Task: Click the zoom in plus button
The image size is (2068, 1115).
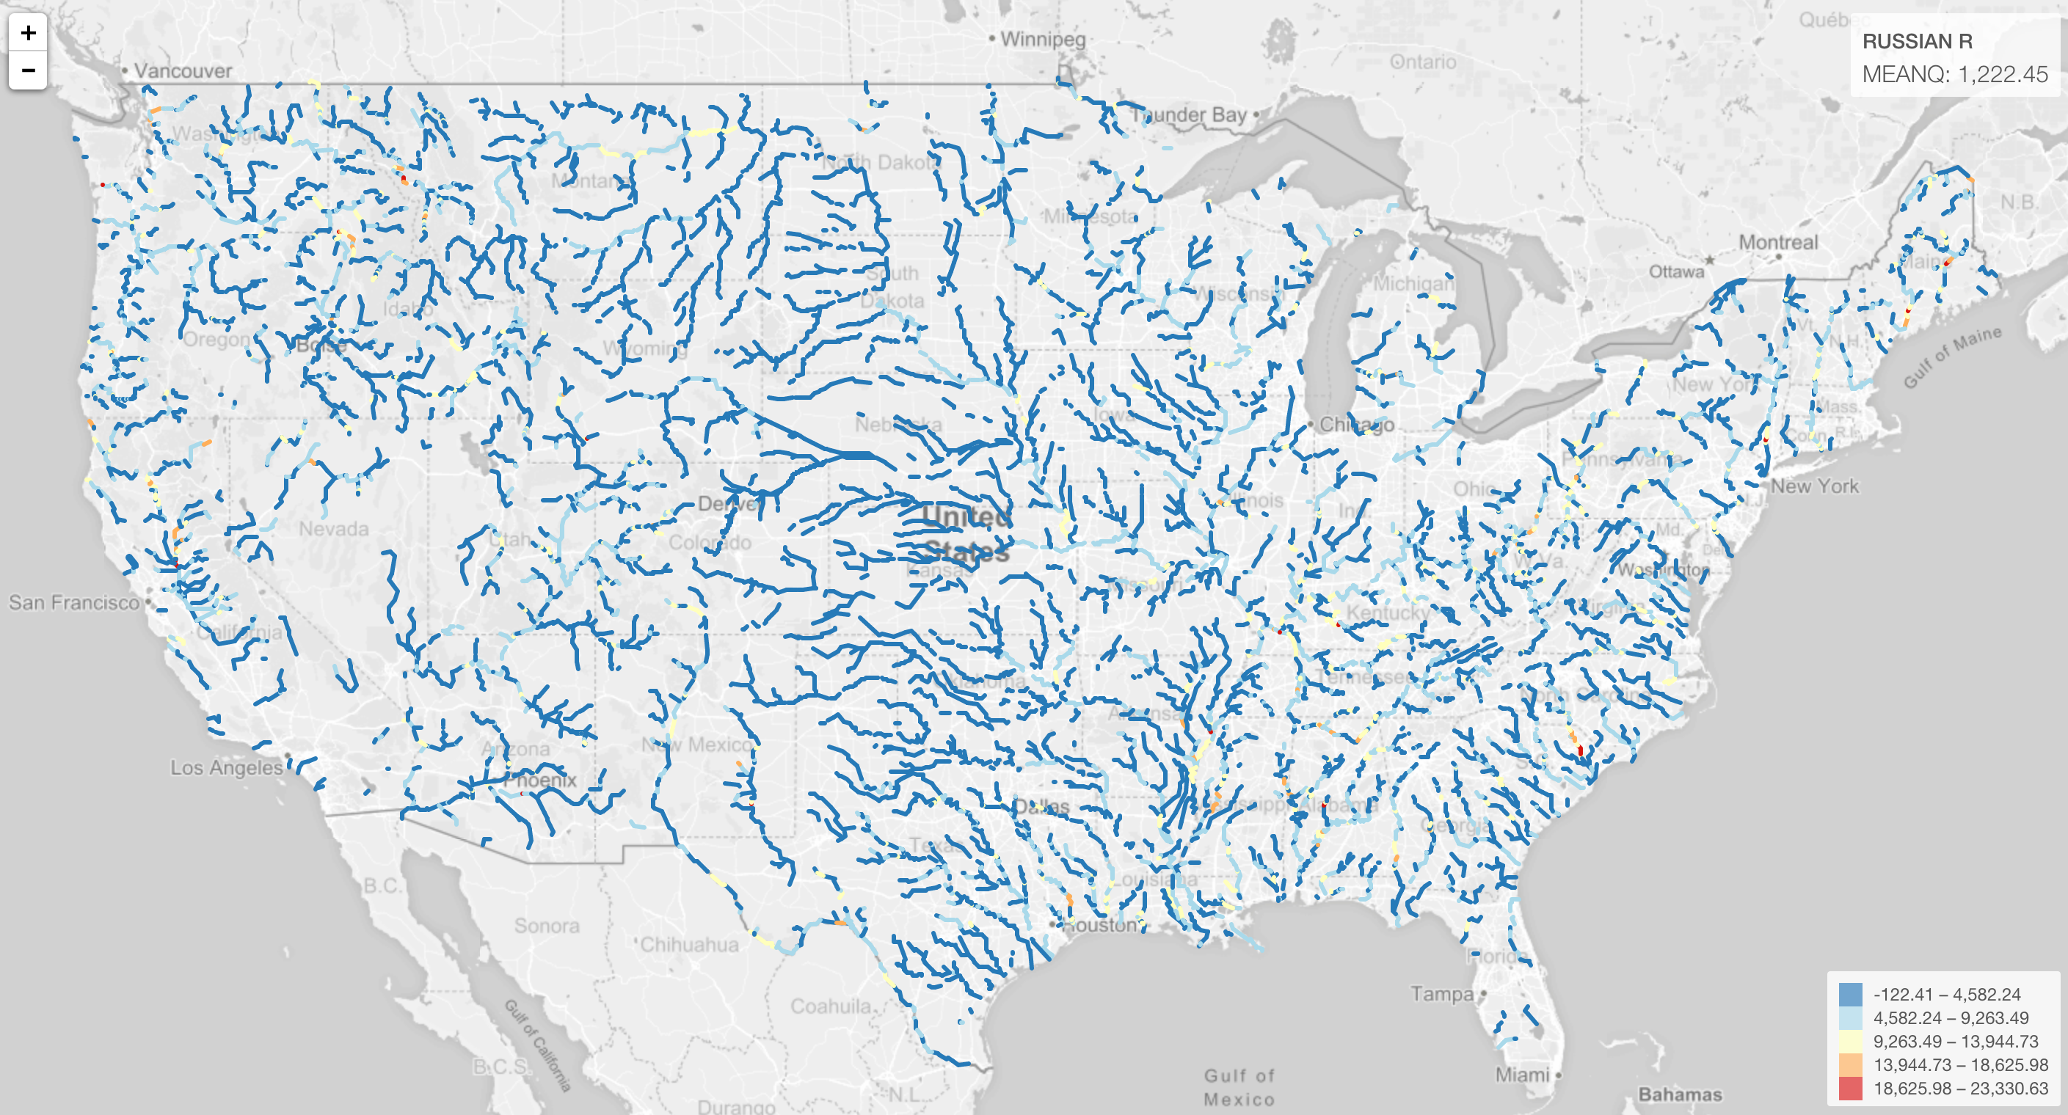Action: (28, 33)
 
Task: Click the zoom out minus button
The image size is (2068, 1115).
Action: (28, 70)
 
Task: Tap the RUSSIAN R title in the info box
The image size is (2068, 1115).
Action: (1916, 41)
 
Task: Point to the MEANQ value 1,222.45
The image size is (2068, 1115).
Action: (2002, 75)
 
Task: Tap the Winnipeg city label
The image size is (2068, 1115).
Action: (1042, 40)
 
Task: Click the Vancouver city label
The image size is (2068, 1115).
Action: (182, 70)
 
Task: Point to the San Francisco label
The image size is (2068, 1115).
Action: (74, 602)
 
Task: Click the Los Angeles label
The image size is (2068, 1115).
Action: (225, 767)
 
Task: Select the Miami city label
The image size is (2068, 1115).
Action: (1521, 1074)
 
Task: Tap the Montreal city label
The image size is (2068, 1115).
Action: (1777, 241)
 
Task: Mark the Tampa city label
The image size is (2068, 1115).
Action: (1442, 994)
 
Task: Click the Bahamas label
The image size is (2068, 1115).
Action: (1680, 1094)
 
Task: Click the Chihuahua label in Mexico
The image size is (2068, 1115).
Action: (689, 944)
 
